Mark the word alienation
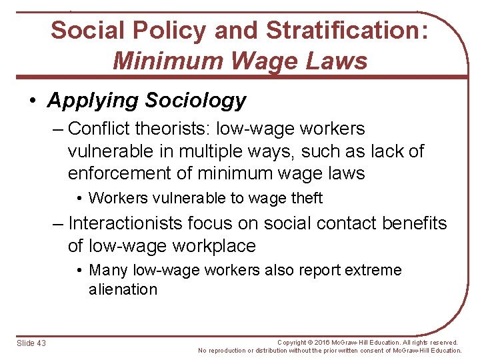[x=123, y=289]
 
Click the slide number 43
[x=42, y=343]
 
